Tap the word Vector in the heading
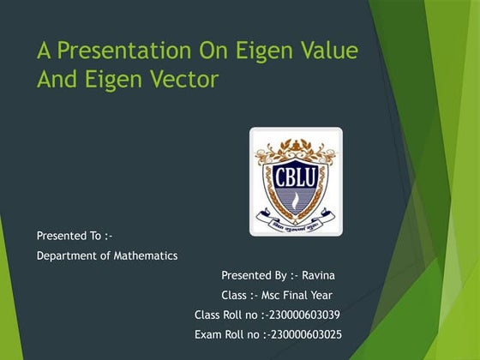coord(182,80)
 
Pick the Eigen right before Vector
coord(109,80)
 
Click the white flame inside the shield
coord(296,198)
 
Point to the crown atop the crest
coord(296,141)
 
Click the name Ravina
coord(317,275)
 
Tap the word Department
coord(67,255)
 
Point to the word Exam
coord(208,333)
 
